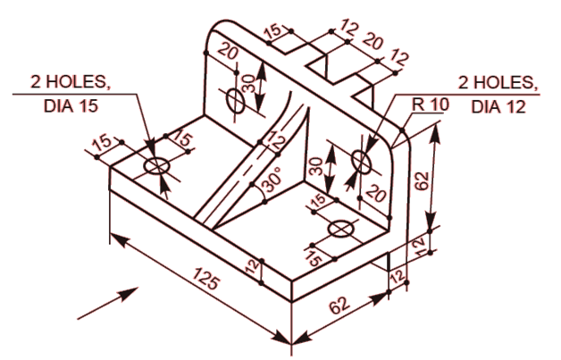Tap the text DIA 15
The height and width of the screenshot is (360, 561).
pyautogui.click(x=69, y=105)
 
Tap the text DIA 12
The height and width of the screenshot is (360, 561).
pyautogui.click(x=498, y=106)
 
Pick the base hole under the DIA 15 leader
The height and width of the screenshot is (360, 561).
pyautogui.click(x=157, y=166)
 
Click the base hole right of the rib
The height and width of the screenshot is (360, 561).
pyautogui.click(x=340, y=230)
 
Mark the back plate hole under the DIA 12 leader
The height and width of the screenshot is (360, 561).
pyautogui.click(x=362, y=162)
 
